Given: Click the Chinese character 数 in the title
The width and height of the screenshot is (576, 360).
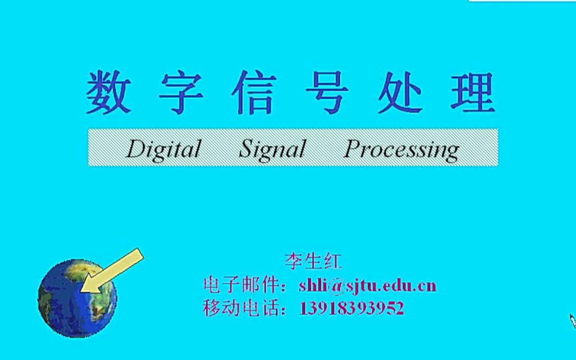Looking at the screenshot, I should pyautogui.click(x=108, y=94).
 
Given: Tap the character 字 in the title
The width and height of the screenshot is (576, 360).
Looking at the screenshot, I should pyautogui.click(x=181, y=94).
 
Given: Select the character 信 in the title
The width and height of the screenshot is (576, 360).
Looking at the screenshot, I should pyautogui.click(x=254, y=94).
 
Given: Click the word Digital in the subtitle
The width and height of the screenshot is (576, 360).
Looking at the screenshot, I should pyautogui.click(x=164, y=149).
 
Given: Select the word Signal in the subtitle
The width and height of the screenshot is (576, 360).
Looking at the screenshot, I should pyautogui.click(x=272, y=149).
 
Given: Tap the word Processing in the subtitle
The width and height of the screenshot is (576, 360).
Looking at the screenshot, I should pyautogui.click(x=401, y=150).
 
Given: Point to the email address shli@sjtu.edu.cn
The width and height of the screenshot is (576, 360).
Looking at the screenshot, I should pyautogui.click(x=367, y=286).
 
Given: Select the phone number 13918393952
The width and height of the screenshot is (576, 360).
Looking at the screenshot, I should pyautogui.click(x=351, y=308).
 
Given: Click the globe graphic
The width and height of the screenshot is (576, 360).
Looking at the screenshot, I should pyautogui.click(x=77, y=299).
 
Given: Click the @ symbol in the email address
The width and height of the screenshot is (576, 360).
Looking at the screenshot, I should pyautogui.click(x=335, y=287).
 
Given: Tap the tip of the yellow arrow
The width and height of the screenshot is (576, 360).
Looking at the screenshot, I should pyautogui.click(x=82, y=290).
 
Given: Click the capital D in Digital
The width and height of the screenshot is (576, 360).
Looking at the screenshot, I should pyautogui.click(x=135, y=150).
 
